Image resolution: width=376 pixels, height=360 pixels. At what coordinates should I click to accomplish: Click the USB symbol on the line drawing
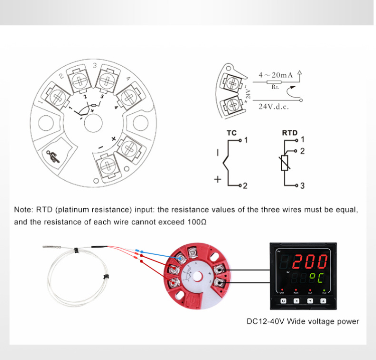[x=53, y=156]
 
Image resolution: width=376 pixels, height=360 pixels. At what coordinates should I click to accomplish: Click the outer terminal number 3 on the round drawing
[x=95, y=66]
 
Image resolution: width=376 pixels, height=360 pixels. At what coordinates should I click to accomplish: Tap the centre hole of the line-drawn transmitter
[x=93, y=122]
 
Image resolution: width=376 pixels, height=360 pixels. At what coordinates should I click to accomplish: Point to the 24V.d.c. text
[x=273, y=106]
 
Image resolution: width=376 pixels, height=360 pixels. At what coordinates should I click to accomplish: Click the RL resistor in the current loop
[x=274, y=82]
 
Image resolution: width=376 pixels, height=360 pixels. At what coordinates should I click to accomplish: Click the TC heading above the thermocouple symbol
[x=232, y=133]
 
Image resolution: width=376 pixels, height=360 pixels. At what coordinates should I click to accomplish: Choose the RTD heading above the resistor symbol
[x=289, y=133]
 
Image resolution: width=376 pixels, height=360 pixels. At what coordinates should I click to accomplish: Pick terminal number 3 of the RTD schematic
[x=302, y=186]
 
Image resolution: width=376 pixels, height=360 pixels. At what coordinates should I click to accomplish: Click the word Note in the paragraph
[x=23, y=210]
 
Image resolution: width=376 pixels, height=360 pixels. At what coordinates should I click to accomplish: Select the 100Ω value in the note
[x=197, y=222]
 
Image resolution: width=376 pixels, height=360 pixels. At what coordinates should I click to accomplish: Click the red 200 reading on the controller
[x=310, y=261]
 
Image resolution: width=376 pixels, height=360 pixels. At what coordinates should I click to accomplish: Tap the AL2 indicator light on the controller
[x=324, y=291]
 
